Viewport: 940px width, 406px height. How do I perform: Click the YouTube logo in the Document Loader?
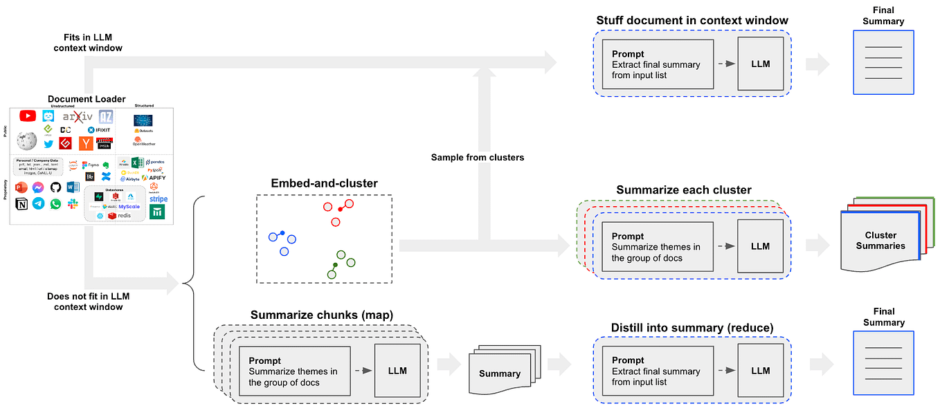28,116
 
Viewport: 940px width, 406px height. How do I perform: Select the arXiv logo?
78,117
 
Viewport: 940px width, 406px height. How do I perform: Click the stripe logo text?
158,199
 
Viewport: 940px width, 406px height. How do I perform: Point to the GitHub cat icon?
55,187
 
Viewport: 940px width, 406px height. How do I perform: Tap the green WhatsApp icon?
55,204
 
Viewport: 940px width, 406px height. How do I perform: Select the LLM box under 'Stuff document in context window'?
760,64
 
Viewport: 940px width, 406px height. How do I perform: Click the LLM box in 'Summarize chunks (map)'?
397,371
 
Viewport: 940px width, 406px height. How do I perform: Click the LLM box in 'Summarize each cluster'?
760,246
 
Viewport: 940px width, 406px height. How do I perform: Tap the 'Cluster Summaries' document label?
880,241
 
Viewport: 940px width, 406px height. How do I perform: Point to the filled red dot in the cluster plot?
340,208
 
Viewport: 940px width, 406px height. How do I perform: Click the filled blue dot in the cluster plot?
282,233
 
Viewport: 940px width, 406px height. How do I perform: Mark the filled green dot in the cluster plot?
335,266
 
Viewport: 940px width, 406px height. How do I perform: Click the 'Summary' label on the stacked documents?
499,373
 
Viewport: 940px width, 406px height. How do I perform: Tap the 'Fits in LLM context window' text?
88,42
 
